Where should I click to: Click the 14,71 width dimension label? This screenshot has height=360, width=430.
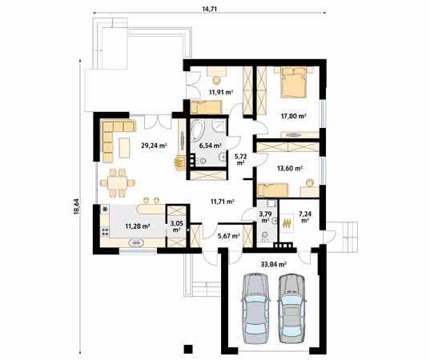click(x=210, y=9)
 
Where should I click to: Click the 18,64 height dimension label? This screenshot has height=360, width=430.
click(x=76, y=206)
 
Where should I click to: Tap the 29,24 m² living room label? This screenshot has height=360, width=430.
click(x=154, y=146)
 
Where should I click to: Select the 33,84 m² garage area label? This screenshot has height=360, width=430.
click(x=273, y=264)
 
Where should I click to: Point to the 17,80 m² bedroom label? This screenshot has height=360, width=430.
click(x=293, y=116)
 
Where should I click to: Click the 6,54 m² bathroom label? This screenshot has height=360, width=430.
click(x=211, y=146)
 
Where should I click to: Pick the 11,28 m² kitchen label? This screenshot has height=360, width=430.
click(x=138, y=226)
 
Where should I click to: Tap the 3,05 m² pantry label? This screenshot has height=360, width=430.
click(x=175, y=226)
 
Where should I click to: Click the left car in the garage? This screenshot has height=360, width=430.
click(x=256, y=308)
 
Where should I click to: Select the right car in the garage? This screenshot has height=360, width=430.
click(x=292, y=308)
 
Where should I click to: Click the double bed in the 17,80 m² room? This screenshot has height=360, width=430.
click(x=293, y=82)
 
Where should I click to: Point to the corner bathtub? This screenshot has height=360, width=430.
click(x=201, y=131)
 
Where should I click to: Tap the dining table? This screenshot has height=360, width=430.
click(x=118, y=182)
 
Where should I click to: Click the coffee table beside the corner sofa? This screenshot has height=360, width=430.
click(x=124, y=148)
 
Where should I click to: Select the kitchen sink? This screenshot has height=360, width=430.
click(x=137, y=242)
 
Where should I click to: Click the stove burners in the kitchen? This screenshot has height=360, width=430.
click(x=105, y=231)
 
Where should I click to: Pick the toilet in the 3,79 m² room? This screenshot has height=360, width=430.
click(x=265, y=236)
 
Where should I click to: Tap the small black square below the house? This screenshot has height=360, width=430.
click(x=188, y=348)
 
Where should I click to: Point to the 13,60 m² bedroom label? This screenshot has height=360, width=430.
click(x=290, y=168)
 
